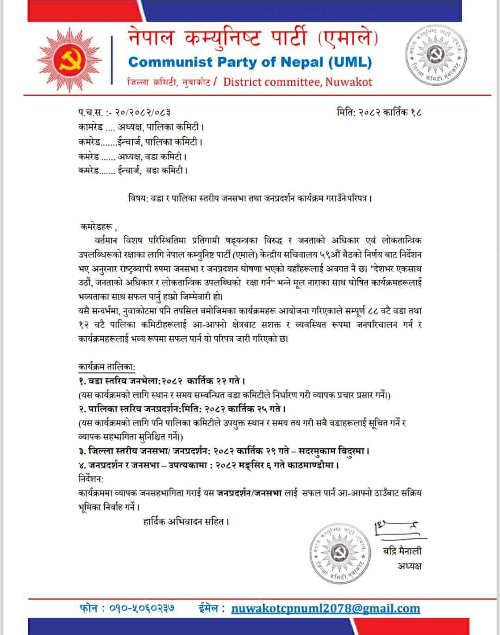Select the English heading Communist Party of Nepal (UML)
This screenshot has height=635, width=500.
(x=250, y=62)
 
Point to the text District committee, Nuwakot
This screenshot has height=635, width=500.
(x=298, y=82)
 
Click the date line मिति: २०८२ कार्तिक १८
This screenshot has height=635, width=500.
(x=379, y=113)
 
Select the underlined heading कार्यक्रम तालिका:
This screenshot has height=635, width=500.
(x=106, y=367)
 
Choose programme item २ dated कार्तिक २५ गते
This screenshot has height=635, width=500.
(x=182, y=409)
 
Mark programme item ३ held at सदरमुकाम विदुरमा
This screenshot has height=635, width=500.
(x=224, y=451)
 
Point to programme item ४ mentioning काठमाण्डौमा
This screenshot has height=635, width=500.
(x=208, y=465)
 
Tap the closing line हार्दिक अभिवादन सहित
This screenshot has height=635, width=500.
(x=187, y=522)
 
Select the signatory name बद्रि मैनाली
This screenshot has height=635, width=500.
(x=402, y=551)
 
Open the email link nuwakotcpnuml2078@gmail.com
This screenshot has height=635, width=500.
(x=325, y=609)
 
